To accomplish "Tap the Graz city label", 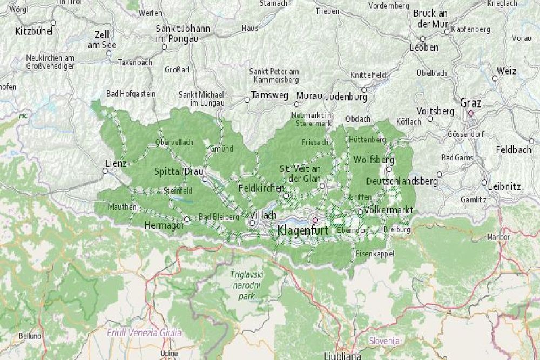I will (471, 103).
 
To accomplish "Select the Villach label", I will (263, 215).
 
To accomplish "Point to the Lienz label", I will (116, 163).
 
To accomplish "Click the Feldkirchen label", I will (261, 188).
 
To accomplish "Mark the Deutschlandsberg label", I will (401, 181).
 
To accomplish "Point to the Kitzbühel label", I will (34, 31).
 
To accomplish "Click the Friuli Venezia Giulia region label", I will (144, 332).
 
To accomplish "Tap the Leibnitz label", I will (504, 187).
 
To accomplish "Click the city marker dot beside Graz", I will (470, 113).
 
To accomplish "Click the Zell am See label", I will (102, 39).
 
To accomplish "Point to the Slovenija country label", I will (385, 340).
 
